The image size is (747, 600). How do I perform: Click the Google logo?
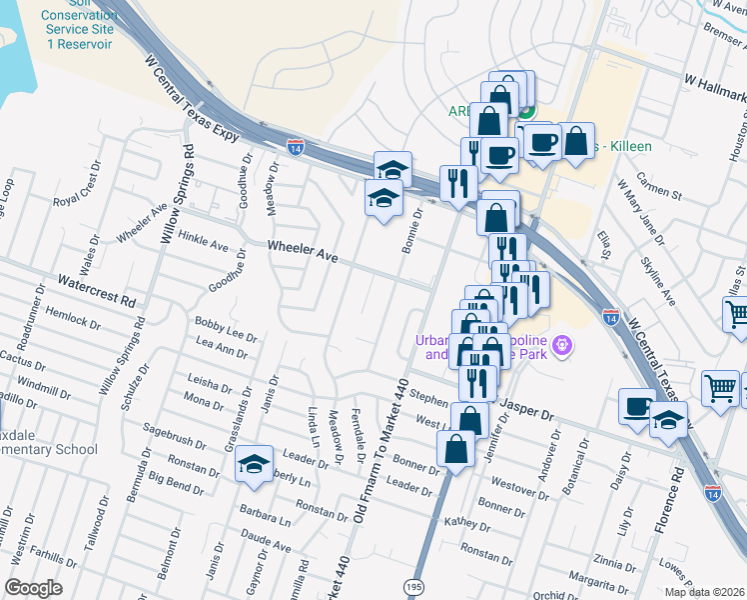coord(34,587)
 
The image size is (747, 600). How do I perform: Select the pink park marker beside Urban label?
coord(562,345)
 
